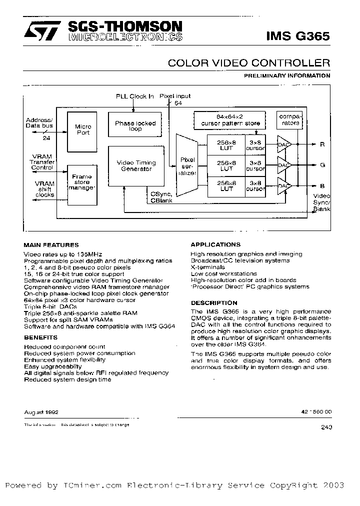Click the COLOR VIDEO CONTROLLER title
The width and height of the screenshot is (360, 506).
(248, 63)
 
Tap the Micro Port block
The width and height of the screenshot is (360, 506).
(83, 130)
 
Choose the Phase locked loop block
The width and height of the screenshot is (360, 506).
(135, 126)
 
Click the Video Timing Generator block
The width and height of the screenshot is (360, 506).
(136, 166)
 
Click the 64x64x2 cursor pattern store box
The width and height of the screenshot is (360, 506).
(230, 120)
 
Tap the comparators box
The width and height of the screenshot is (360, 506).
(288, 120)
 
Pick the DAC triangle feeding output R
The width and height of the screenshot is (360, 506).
(284, 145)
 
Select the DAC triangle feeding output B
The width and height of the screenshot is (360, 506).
(284, 186)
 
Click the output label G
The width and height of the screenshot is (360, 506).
(322, 164)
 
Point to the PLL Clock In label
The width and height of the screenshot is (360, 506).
(135, 96)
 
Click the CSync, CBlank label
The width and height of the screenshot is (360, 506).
(161, 197)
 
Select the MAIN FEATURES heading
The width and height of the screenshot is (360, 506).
(51, 245)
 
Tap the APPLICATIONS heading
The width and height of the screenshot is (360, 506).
(215, 245)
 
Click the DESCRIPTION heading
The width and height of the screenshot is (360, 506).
(214, 303)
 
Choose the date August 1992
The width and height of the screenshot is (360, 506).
(41, 412)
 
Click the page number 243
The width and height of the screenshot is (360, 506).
(324, 427)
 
